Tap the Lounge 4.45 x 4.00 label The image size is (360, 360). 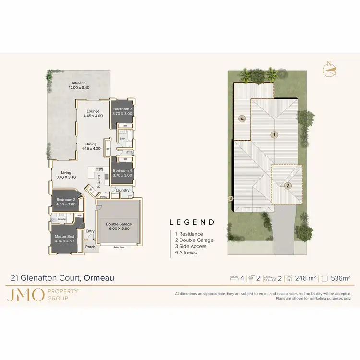pyautogui.click(x=93, y=113)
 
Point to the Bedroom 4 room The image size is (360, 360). pyautogui.click(x=122, y=173)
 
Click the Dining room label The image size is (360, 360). pyautogui.click(x=91, y=146)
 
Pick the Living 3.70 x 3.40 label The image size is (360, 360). pyautogui.click(x=66, y=175)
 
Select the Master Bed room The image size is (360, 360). pyautogui.click(x=64, y=239)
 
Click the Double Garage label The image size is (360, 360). pyautogui.click(x=119, y=227)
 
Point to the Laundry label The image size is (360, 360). pyautogui.click(x=122, y=190)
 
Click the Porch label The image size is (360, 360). pyautogui.click(x=90, y=247)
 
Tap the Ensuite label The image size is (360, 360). pyautogui.click(x=61, y=219)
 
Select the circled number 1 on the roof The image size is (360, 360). pyautogui.click(x=274, y=135)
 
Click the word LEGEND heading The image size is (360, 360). pyautogui.click(x=192, y=222)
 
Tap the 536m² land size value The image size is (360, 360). pyautogui.click(x=342, y=278)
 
